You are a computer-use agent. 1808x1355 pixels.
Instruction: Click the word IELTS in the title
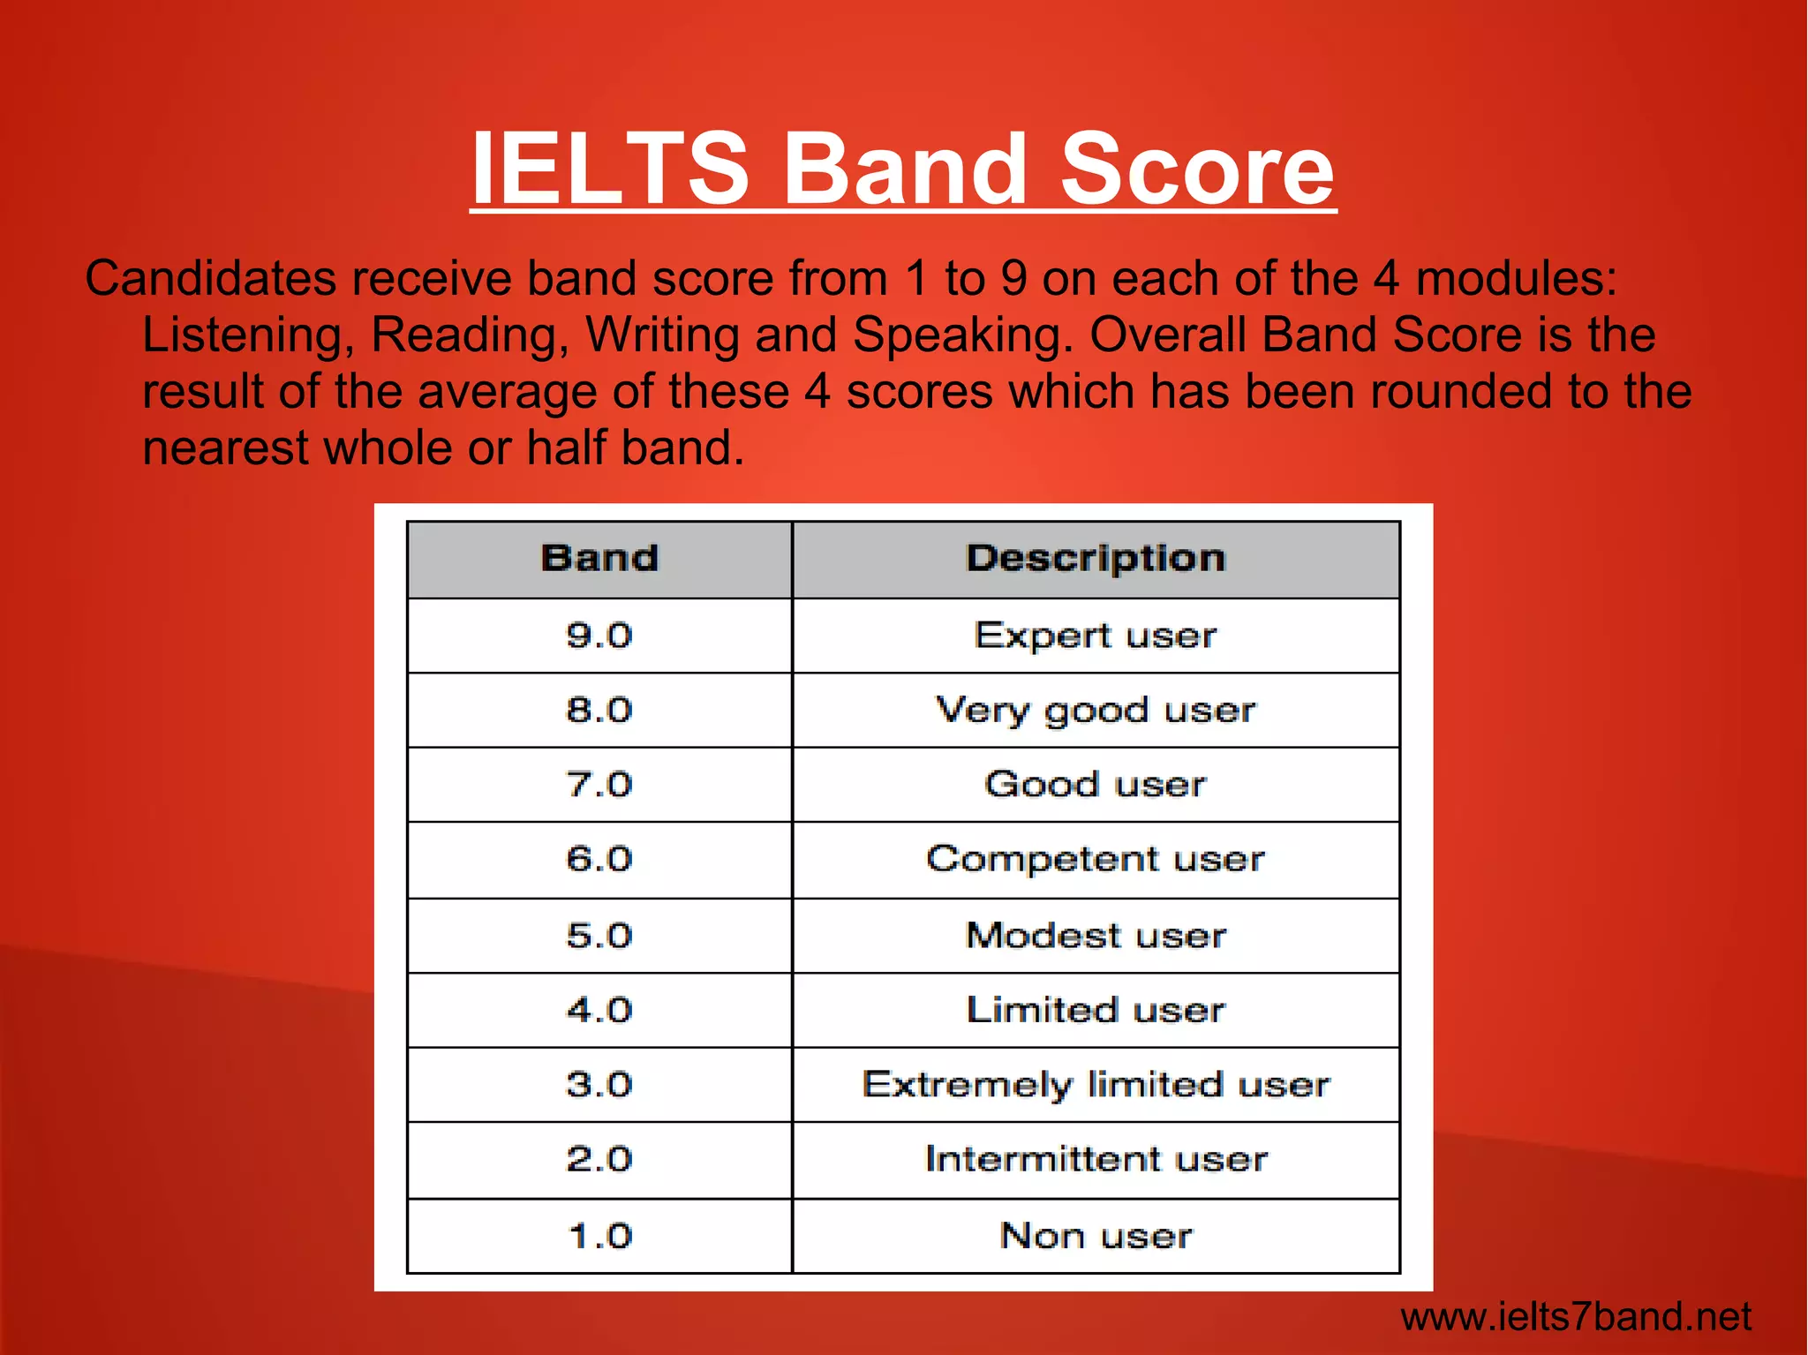610,168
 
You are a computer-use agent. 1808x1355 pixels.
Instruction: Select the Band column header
599,559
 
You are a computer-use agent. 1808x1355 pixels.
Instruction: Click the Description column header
1096,559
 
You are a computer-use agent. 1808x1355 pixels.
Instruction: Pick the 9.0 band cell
599,636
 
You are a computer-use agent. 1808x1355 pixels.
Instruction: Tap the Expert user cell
1096,636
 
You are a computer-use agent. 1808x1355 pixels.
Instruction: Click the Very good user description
1096,711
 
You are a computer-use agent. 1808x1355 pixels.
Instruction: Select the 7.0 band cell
599,785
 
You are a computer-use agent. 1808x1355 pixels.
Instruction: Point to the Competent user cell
1096,860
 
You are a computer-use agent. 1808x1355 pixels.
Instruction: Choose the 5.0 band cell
599,936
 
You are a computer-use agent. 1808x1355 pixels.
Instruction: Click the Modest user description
1096,936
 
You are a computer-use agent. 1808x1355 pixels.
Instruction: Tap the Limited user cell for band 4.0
1096,1010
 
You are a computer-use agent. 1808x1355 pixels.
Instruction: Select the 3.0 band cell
599,1085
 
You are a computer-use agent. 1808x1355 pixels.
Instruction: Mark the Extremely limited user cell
1096,1085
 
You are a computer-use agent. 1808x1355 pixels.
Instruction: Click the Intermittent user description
1096,1159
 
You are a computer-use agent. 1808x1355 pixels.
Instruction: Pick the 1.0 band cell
599,1236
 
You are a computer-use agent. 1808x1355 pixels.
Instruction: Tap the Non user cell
1096,1236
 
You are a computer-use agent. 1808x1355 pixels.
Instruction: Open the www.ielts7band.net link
1576,1317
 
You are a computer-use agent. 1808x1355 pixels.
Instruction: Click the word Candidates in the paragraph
211,279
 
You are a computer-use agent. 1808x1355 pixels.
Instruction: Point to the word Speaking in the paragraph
962,336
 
